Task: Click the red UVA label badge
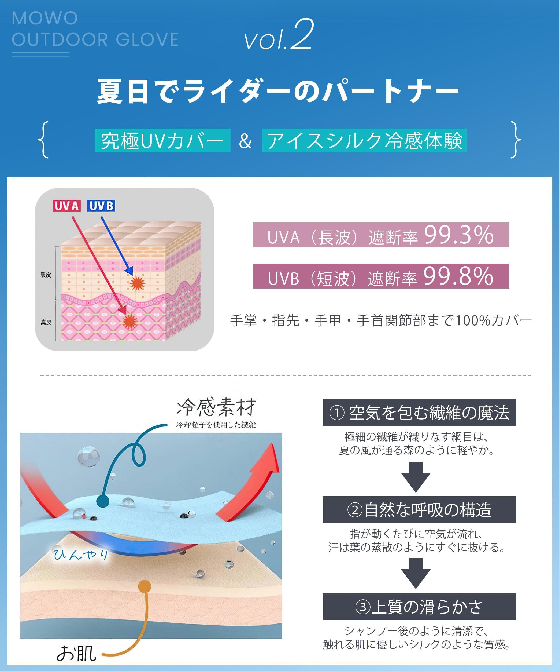66,206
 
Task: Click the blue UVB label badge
101,206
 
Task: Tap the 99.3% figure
459,235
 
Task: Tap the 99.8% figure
458,276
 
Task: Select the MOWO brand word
45,18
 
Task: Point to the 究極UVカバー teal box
162,141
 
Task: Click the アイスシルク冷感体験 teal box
364,141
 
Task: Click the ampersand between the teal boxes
245,141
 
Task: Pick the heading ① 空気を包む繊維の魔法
419,413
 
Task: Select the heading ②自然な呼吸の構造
419,510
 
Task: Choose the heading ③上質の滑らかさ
419,607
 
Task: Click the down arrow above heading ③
416,573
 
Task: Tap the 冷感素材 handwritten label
216,407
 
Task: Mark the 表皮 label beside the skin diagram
46,275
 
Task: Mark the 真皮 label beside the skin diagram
46,322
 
